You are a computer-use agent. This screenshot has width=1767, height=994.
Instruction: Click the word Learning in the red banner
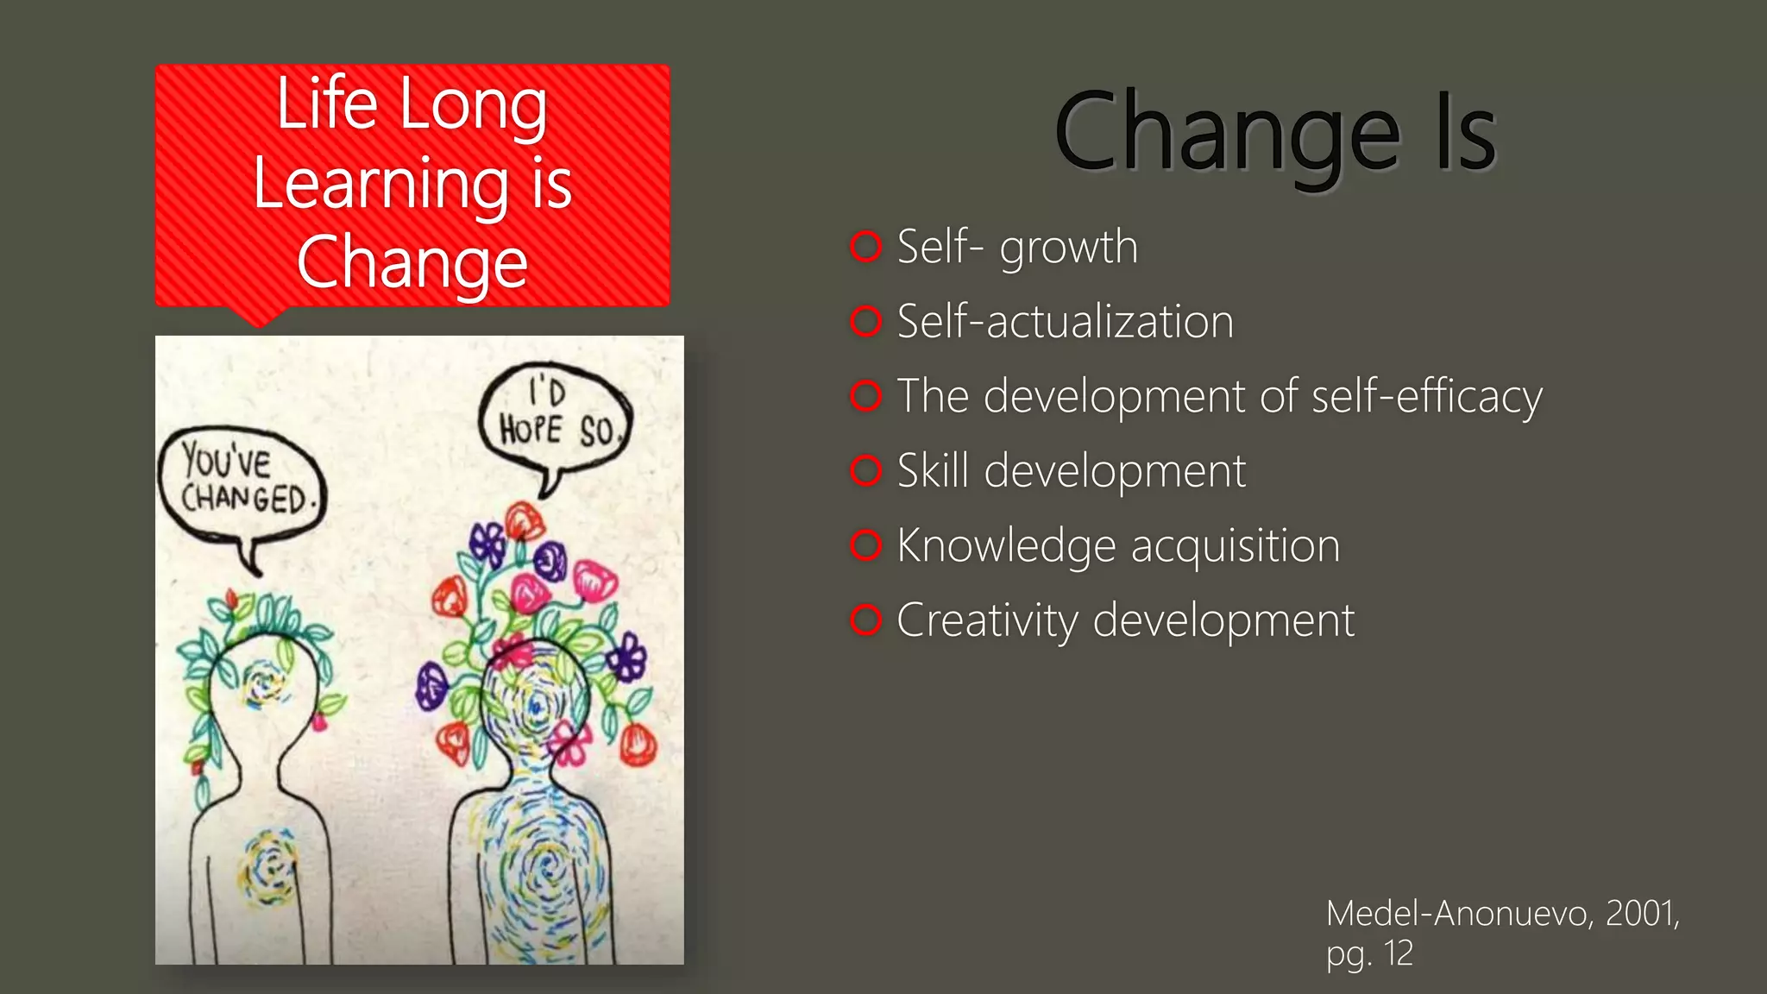[x=380, y=184]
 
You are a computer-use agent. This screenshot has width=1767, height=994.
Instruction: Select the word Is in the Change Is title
[x=1464, y=134]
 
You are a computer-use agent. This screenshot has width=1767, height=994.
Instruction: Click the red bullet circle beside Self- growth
[x=865, y=247]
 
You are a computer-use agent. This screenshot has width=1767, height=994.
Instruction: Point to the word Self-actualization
[x=1065, y=322]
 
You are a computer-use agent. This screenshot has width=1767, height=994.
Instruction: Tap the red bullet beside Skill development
[x=865, y=471]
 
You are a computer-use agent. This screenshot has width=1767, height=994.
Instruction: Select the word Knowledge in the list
[x=1006, y=546]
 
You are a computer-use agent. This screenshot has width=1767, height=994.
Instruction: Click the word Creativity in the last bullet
[x=986, y=620]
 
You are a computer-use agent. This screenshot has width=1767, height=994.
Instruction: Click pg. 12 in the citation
[x=1369, y=953]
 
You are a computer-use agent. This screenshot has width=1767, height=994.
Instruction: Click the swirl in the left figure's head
[x=262, y=685]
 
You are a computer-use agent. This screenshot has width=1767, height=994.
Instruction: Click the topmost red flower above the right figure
[x=524, y=520]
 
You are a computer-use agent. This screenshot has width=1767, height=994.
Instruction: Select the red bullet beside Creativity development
[x=865, y=620]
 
